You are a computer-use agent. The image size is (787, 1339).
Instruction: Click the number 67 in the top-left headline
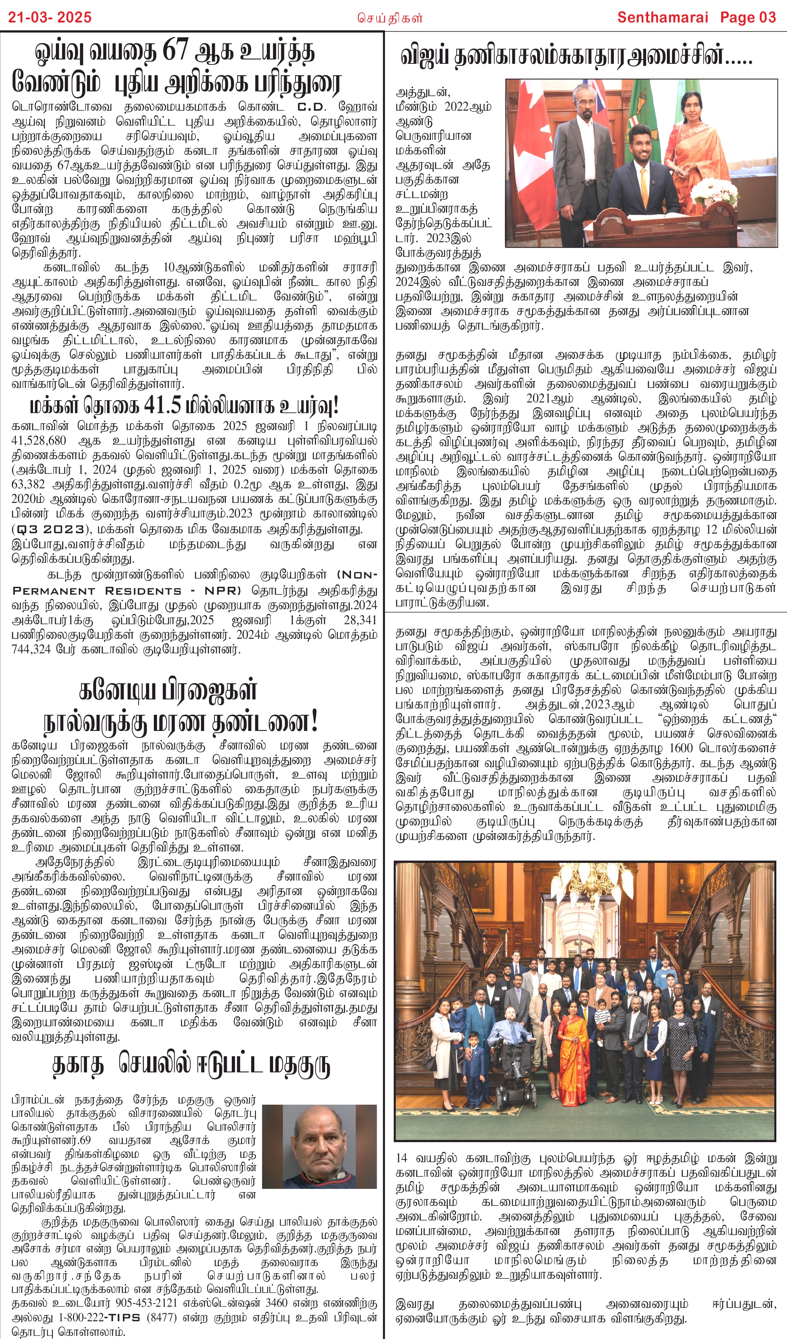click(x=175, y=52)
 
